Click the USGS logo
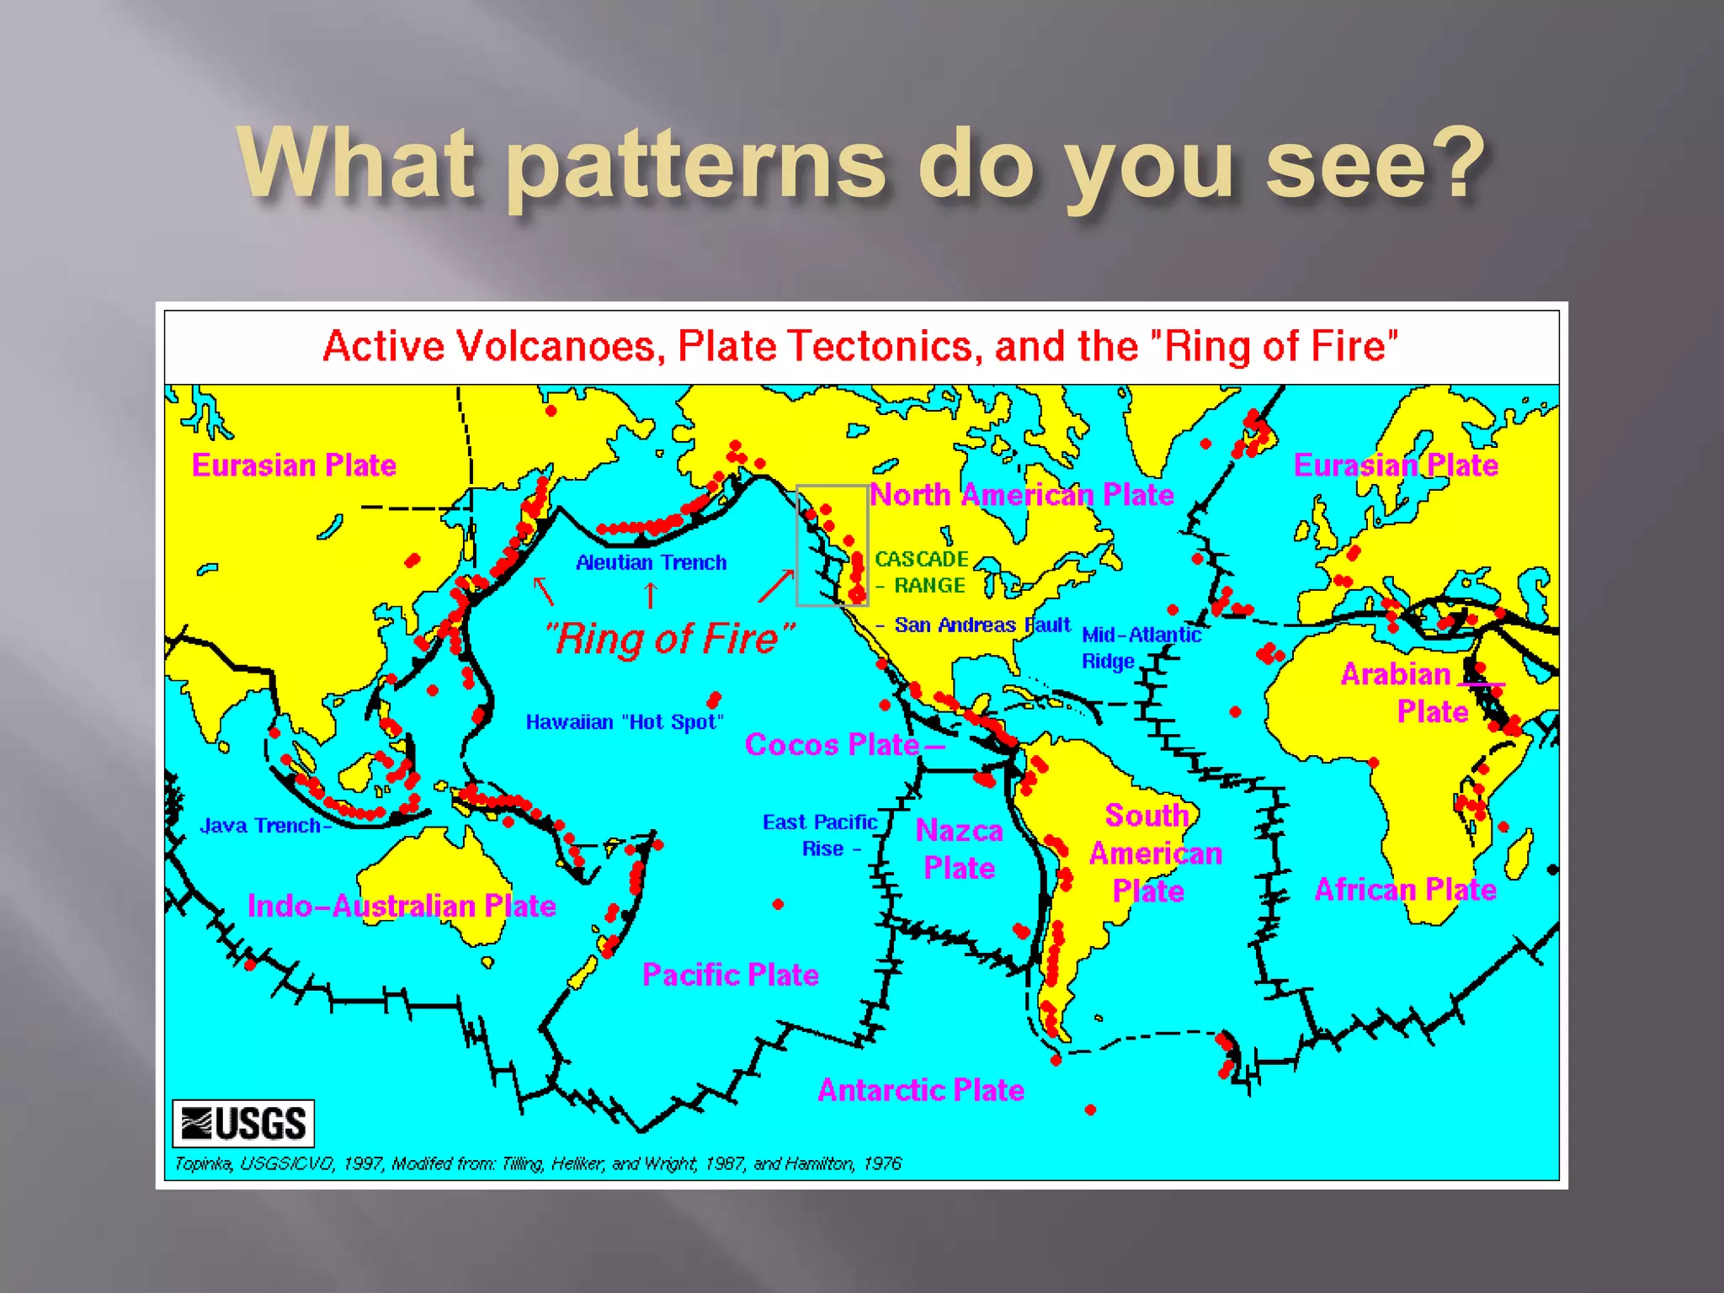tap(243, 1123)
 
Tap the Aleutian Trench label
tap(651, 562)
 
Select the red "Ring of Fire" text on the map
tap(670, 638)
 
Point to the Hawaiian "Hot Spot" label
tap(624, 722)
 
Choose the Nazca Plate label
tap(959, 849)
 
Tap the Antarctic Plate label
tap(921, 1090)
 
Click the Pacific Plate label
tap(730, 975)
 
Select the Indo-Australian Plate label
tap(402, 906)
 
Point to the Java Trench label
tap(261, 826)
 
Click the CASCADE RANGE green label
tap(921, 572)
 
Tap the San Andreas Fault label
tap(982, 625)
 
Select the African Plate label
tap(1405, 890)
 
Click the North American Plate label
tap(1021, 495)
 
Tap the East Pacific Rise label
tap(820, 835)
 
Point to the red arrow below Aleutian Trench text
tap(650, 595)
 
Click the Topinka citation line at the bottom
tap(537, 1163)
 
